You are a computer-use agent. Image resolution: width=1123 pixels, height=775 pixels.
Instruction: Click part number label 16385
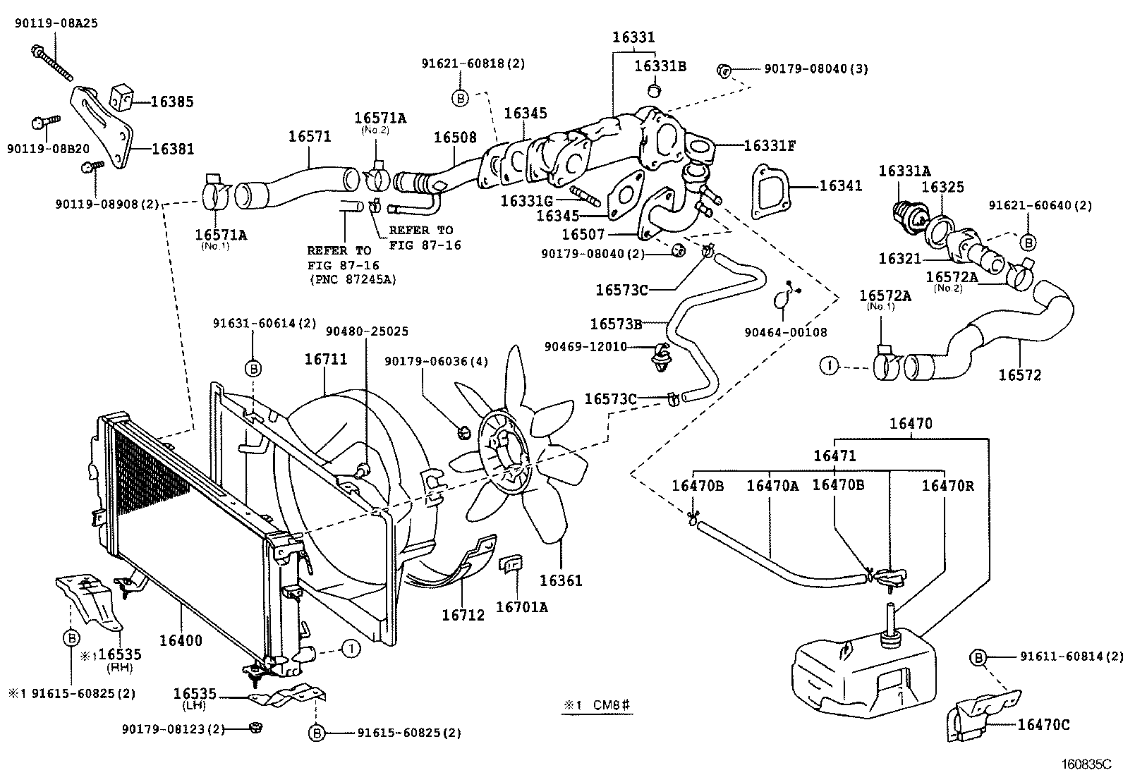coord(171,102)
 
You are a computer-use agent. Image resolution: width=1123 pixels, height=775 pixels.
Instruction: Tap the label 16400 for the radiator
coord(181,640)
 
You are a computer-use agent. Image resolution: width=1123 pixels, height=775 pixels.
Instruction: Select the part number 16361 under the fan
coord(561,580)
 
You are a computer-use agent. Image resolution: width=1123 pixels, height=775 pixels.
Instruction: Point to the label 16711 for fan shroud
coord(325,359)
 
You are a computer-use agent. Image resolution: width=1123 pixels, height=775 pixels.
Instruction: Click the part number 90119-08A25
coord(56,23)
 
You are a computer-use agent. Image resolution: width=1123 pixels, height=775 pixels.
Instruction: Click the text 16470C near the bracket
coord(1043,724)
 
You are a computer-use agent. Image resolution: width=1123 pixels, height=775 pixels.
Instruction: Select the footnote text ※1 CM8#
coord(597,706)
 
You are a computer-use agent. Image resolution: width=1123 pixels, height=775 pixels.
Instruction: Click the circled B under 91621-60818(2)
coord(460,98)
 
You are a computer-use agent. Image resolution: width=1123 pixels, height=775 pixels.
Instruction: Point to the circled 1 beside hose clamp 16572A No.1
coord(829,366)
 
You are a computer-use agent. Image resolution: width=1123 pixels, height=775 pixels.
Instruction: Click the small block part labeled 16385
coord(123,97)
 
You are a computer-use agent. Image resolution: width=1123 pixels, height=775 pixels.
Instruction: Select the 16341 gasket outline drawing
coord(771,192)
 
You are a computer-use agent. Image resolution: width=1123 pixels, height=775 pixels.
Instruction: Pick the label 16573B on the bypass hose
coord(616,324)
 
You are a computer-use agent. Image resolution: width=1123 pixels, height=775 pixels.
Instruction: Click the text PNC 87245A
coord(352,279)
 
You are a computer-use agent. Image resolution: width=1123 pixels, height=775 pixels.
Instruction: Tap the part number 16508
coord(454,138)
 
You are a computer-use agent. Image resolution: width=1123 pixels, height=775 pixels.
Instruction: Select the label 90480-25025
coord(366,331)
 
